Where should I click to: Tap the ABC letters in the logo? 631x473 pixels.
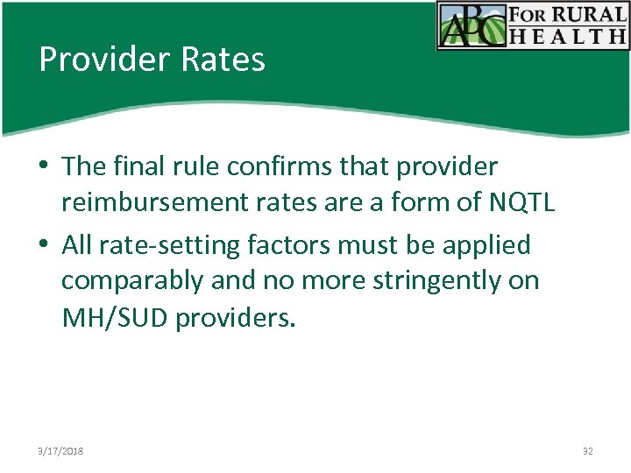coord(471,25)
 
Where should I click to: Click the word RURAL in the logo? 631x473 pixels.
coord(589,15)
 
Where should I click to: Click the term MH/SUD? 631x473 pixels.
coord(115,317)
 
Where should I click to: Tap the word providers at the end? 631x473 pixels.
coord(236,317)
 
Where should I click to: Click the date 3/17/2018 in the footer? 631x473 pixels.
coord(60,451)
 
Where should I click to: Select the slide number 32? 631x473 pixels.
coord(587,451)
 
